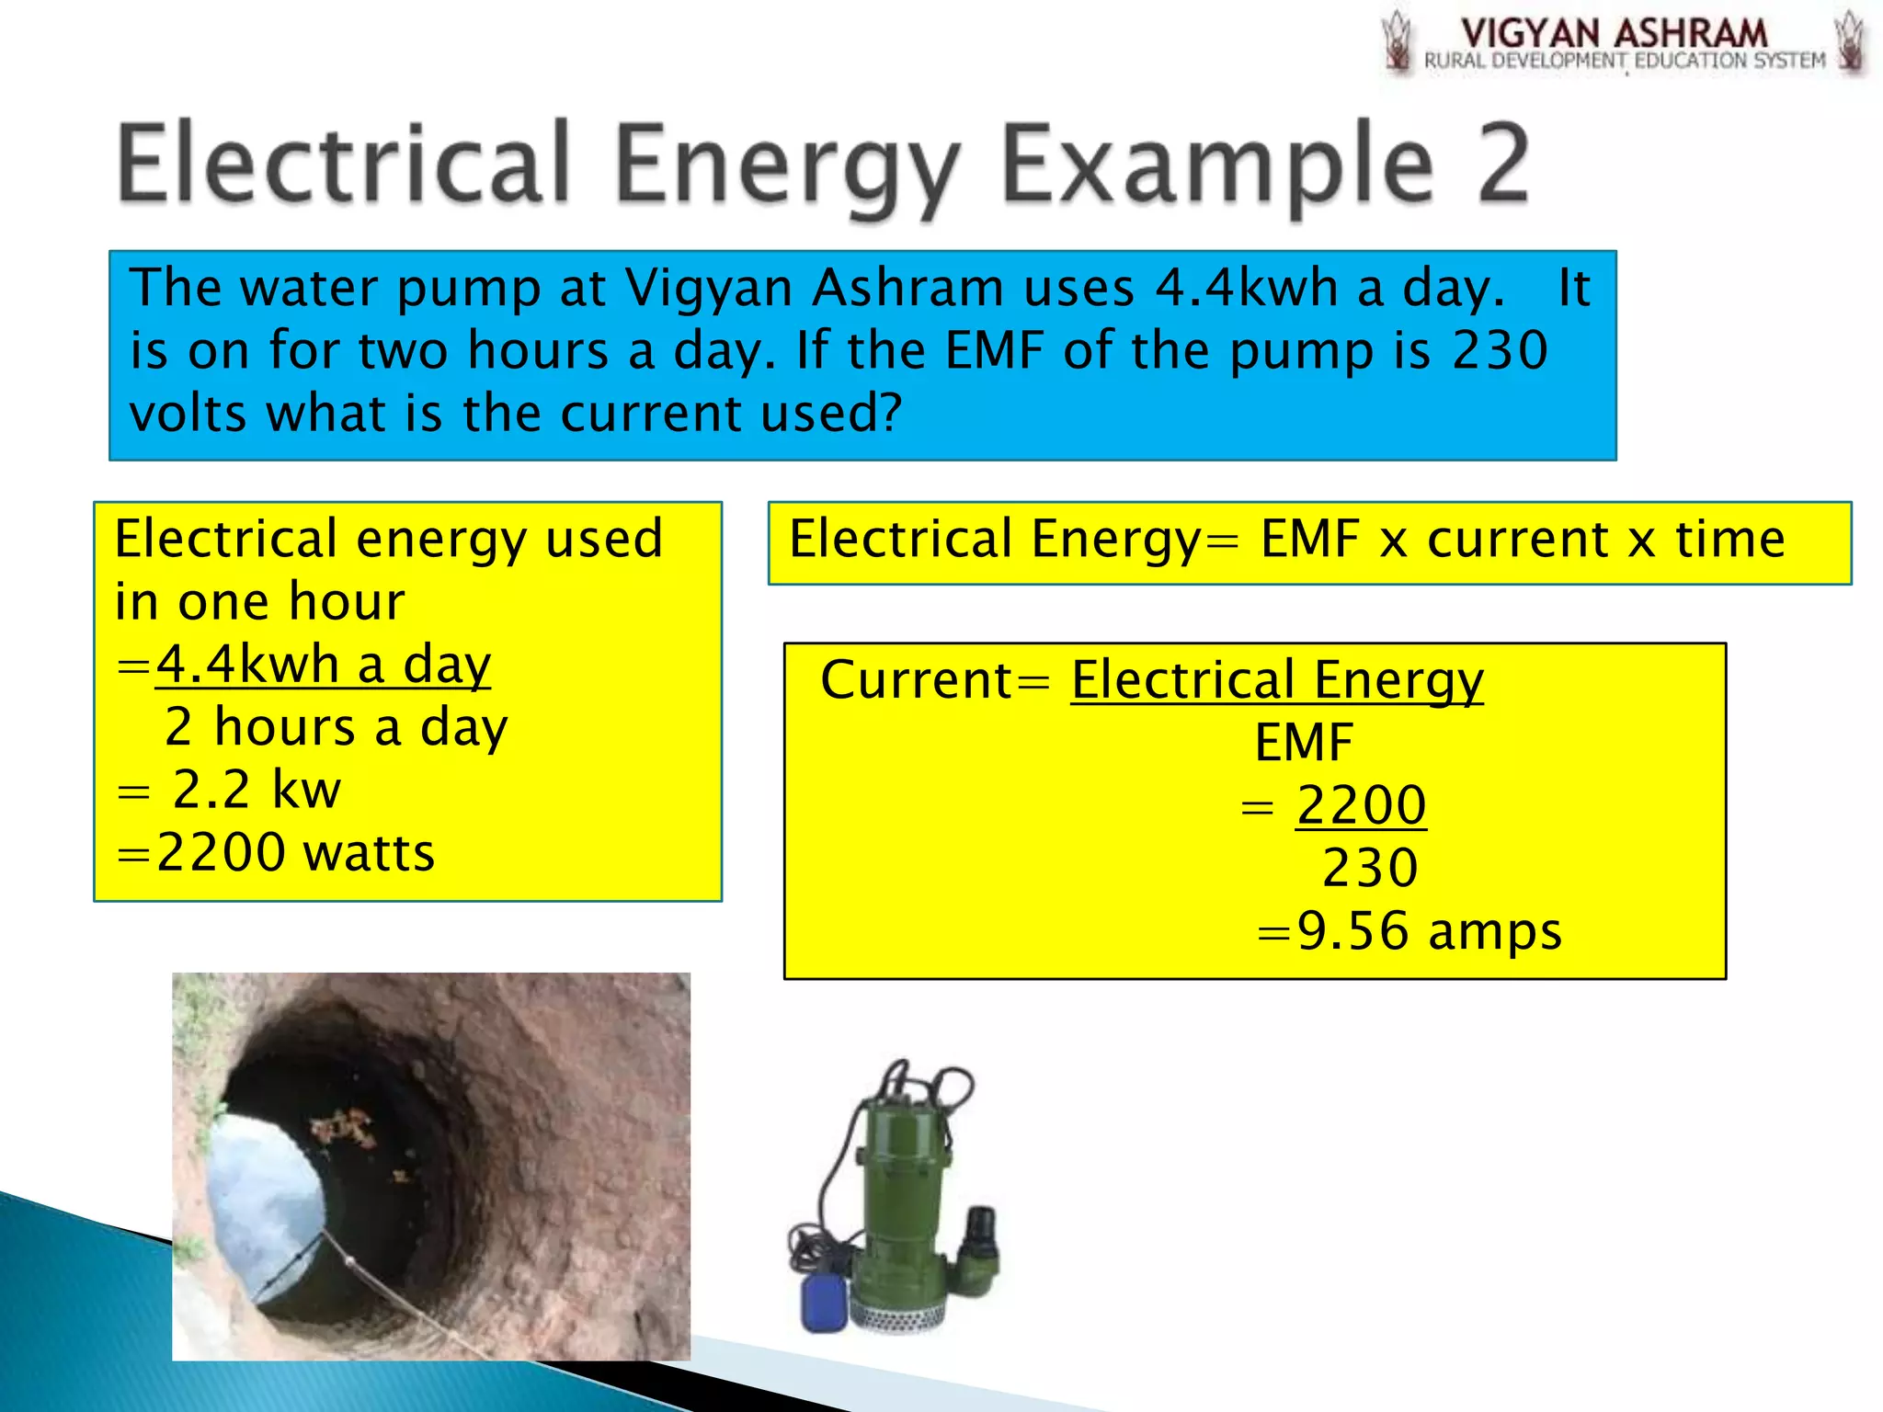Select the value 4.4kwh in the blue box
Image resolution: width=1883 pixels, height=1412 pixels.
coord(1246,288)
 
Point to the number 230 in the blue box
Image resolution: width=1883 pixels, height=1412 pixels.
coord(1500,350)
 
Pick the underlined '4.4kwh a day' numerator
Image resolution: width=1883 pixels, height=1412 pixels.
coord(324,664)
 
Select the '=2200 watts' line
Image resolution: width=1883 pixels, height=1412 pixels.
coord(276,853)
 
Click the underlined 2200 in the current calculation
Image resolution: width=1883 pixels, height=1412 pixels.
coord(1362,805)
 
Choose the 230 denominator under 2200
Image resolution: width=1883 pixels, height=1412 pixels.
coord(1370,868)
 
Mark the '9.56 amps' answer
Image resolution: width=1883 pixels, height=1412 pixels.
coord(1429,931)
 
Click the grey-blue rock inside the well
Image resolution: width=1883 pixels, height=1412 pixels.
coord(262,1195)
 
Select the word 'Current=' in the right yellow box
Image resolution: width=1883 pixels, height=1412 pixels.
coord(934,680)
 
